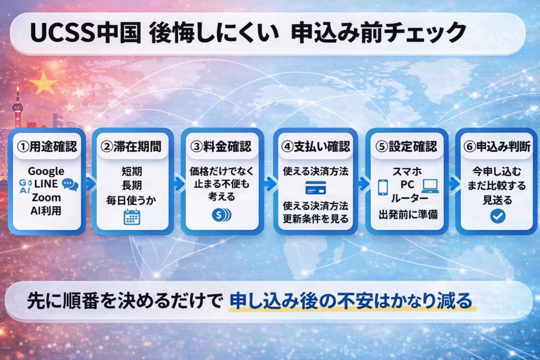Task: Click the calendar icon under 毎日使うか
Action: (x=132, y=217)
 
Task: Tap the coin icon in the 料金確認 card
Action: (x=220, y=215)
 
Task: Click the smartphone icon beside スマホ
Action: (x=383, y=187)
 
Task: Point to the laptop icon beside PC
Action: (x=430, y=186)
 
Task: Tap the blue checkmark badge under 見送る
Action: (x=497, y=216)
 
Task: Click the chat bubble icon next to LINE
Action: (x=70, y=184)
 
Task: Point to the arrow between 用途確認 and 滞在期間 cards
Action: (x=90, y=183)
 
